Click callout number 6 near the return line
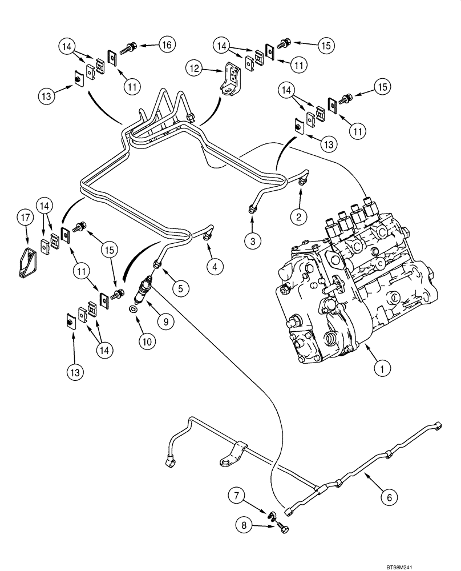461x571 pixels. point(389,497)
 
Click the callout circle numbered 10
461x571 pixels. point(147,342)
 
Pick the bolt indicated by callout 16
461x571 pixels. point(131,45)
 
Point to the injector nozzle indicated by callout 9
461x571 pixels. point(143,291)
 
